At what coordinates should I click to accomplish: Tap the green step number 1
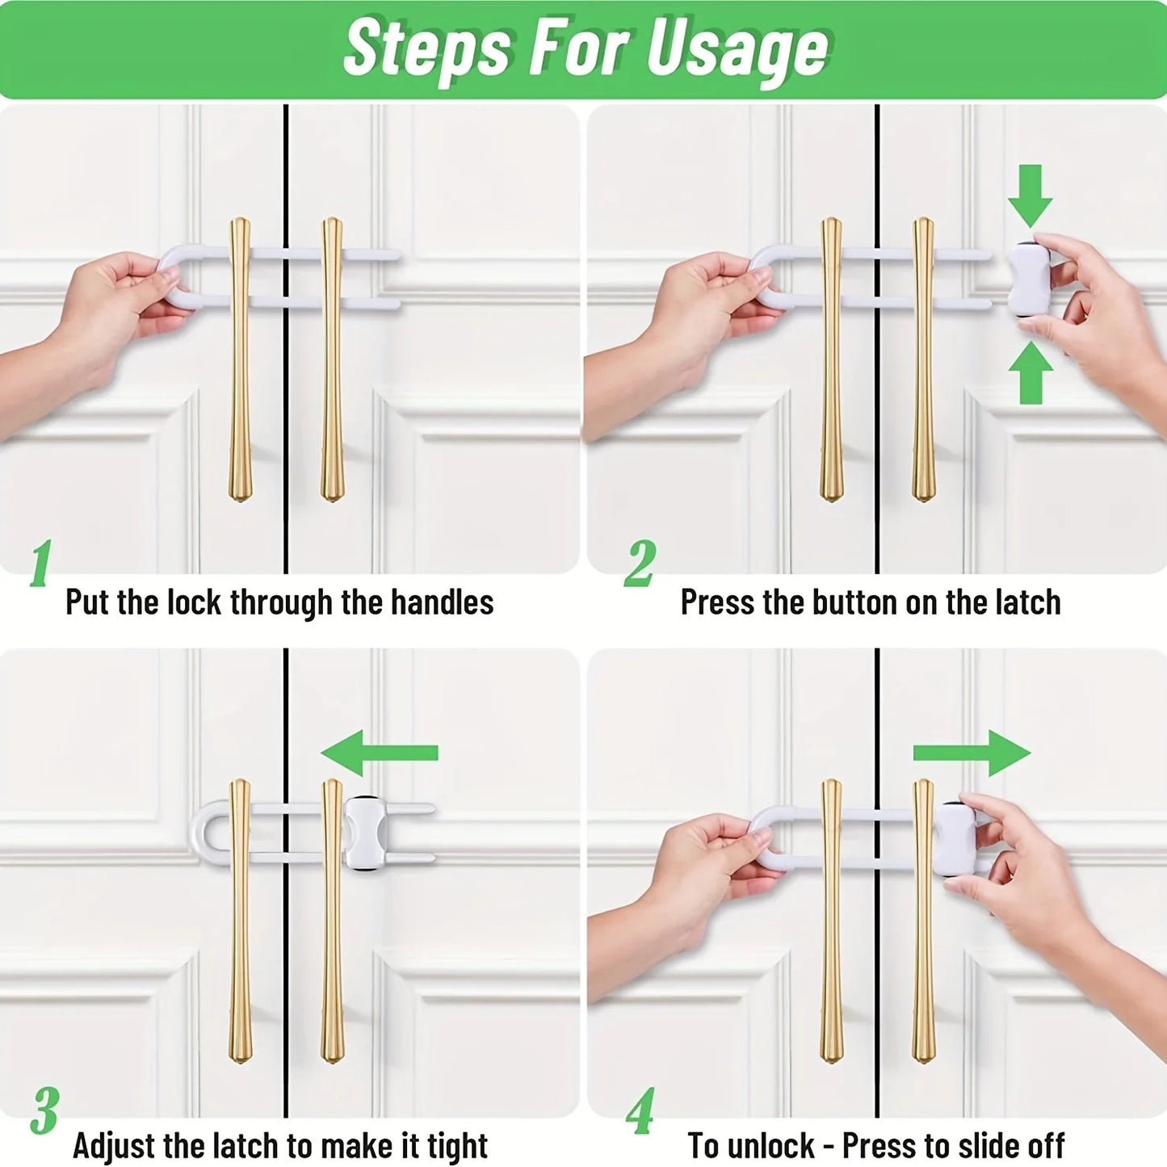click(41, 563)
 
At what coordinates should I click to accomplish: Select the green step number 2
click(639, 563)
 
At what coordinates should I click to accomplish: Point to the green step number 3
click(44, 1110)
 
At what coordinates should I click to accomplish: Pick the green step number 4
click(640, 1110)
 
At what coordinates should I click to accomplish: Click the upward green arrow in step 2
click(1031, 373)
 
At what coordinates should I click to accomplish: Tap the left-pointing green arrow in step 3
click(379, 753)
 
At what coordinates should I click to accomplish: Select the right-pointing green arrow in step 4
click(972, 753)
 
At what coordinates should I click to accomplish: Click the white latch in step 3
click(364, 832)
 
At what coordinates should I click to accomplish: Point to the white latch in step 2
click(1028, 280)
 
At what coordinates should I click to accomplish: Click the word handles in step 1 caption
click(442, 602)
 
